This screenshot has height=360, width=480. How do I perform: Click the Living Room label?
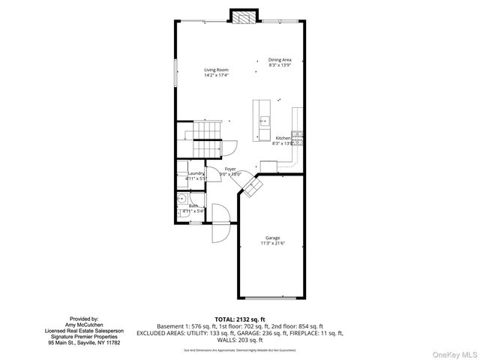[x=216, y=70]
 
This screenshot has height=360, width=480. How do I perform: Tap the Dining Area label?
[x=280, y=60]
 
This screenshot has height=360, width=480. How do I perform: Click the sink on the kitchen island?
[x=263, y=121]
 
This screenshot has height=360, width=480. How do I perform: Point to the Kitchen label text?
[x=283, y=138]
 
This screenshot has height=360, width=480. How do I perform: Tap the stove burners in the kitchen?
[x=297, y=136]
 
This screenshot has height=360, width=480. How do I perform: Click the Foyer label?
[x=230, y=169]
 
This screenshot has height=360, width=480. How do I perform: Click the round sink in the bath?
[x=182, y=199]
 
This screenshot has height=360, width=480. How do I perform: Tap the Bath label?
[x=193, y=205]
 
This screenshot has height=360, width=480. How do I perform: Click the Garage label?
[x=271, y=238]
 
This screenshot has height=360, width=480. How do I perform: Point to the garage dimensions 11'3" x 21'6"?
[x=271, y=243]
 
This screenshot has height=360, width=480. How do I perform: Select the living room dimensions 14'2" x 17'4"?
[x=216, y=76]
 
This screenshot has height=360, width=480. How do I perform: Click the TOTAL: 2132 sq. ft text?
[x=240, y=319]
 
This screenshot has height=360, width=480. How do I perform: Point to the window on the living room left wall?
[x=175, y=74]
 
